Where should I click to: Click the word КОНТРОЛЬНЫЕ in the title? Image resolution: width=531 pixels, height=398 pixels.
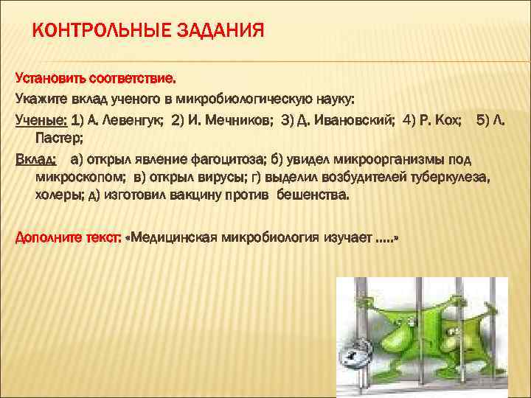[97, 31]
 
